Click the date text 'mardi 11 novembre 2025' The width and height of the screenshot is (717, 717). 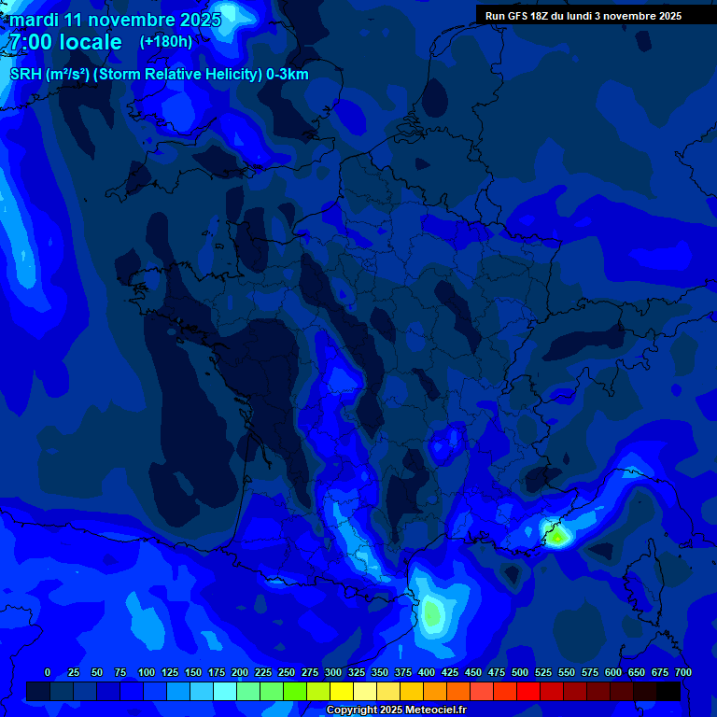115,20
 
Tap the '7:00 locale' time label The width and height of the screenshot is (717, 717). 65,42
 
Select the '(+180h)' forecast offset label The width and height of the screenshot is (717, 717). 166,42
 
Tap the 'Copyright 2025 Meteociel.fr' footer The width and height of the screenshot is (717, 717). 396,710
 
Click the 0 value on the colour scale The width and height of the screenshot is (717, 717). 48,672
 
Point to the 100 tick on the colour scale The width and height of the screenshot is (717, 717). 146,672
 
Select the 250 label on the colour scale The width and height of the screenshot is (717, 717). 287,672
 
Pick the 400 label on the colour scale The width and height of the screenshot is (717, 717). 427,672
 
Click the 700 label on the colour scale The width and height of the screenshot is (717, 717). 683,672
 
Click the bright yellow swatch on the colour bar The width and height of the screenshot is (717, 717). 342,691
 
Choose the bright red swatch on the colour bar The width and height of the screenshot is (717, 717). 528,691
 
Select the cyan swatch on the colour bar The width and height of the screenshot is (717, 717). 225,691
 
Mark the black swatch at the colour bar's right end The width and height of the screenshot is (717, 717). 668,691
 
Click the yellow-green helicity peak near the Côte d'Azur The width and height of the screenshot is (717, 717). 557,537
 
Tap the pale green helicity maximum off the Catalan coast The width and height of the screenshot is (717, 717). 431,613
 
